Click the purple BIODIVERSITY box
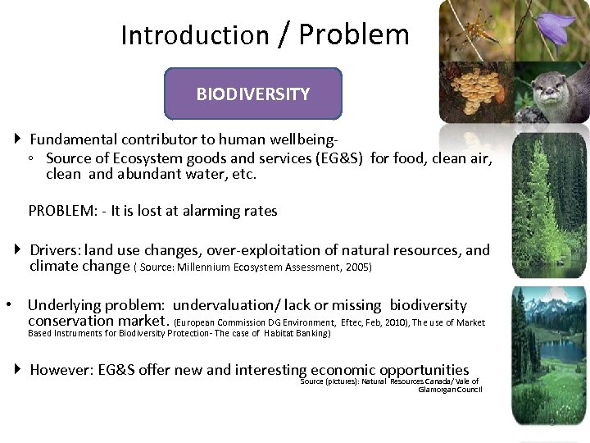point(253,94)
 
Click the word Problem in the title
point(353,34)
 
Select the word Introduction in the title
point(194,35)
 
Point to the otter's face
point(548,86)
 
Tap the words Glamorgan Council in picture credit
point(450,390)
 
